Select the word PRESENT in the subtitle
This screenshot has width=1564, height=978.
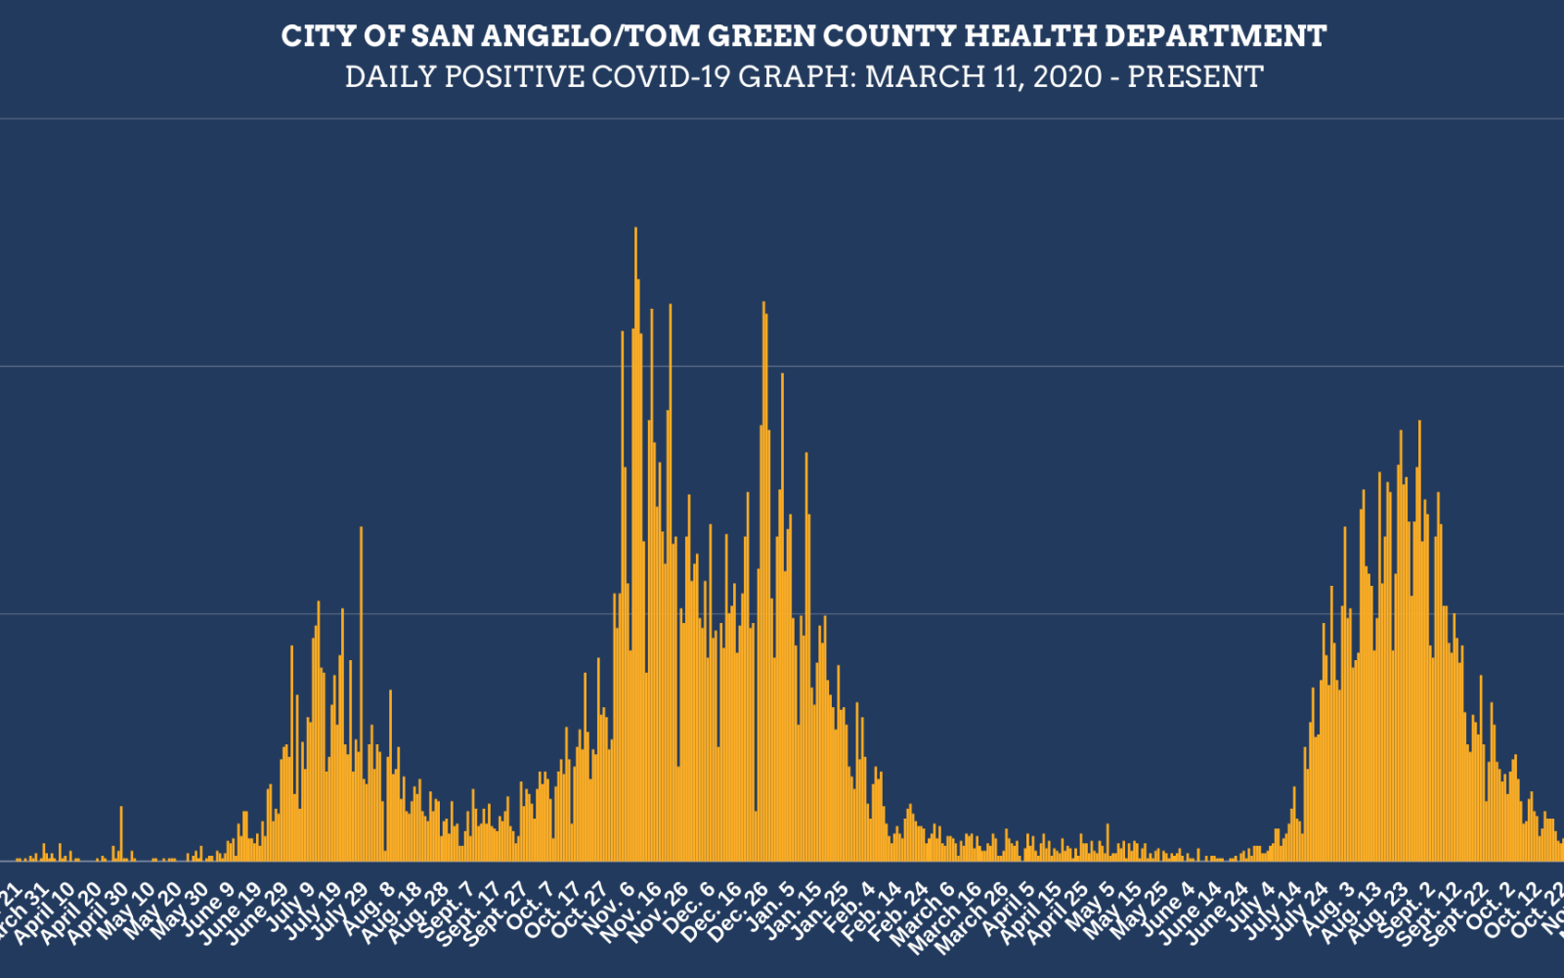[x=1195, y=76]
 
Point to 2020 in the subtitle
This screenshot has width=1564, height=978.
[x=1067, y=76]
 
